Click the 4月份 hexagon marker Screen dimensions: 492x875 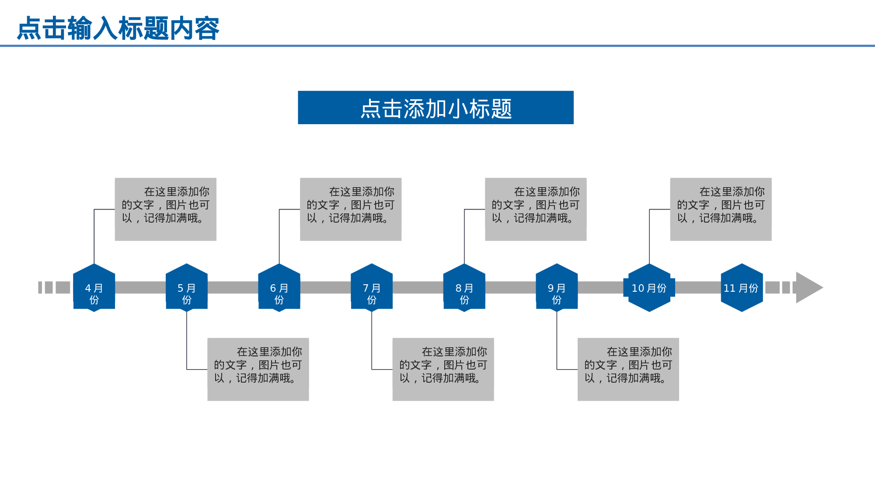pos(94,288)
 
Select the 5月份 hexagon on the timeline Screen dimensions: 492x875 pos(187,288)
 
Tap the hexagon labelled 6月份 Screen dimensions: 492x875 pos(279,288)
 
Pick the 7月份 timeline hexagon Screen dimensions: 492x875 pos(372,288)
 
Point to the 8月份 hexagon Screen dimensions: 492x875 pos(464,288)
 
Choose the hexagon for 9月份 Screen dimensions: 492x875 pos(557,288)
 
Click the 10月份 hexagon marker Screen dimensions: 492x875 pos(649,288)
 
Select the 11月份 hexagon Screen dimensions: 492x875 pos(742,288)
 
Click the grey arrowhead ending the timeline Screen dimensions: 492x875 pos(808,288)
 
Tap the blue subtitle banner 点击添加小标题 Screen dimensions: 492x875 pos(436,108)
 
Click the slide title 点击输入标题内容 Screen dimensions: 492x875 pos(118,29)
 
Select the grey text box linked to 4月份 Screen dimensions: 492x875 pos(166,209)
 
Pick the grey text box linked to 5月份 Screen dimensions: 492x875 pos(258,369)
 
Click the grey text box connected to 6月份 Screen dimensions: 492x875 pos(351,209)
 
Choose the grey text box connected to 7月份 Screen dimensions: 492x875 pos(443,369)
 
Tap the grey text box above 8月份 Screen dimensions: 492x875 pos(536,209)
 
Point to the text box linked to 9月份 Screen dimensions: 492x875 pos(628,369)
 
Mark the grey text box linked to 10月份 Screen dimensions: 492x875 pos(721,209)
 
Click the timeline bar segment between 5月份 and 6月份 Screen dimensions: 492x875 pos(233,287)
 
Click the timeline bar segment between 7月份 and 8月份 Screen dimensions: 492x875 pos(418,287)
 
